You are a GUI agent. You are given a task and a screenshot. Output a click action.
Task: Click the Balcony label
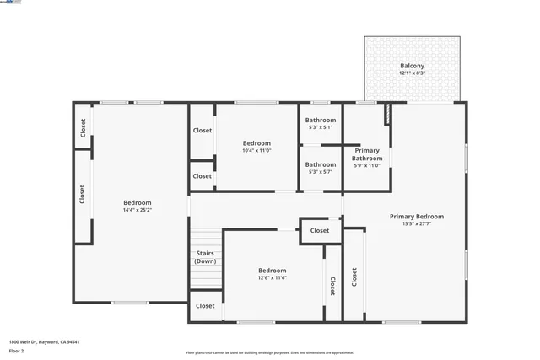point(412,66)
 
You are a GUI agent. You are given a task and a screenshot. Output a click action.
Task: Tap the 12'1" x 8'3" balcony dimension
point(412,73)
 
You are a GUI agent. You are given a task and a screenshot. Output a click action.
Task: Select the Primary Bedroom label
point(416,217)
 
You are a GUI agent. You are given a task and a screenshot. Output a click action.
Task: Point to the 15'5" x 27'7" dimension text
point(416,224)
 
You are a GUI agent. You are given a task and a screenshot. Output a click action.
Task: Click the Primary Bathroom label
point(367,154)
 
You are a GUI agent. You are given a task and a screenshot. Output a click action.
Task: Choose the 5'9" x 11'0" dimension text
point(367,165)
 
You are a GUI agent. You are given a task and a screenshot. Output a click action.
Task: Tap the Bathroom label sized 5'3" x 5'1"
point(321,120)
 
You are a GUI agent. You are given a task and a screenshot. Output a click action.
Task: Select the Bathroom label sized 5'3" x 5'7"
point(321,164)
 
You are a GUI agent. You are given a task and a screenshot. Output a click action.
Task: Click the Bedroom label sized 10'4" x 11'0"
point(256,142)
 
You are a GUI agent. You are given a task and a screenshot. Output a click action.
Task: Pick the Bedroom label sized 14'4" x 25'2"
point(138,202)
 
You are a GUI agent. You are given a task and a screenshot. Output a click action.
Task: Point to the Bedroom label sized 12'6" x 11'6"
point(272,271)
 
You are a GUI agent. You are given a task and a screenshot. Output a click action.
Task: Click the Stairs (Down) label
point(205,257)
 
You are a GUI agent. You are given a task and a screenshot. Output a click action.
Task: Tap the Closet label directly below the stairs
point(205,306)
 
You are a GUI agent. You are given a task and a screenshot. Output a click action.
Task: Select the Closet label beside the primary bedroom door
point(320,230)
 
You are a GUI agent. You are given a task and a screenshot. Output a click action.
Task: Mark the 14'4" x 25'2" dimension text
point(138,210)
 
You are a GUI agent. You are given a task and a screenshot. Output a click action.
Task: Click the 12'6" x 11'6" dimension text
point(272,278)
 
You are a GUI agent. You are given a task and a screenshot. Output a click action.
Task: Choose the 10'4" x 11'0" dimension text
point(256,150)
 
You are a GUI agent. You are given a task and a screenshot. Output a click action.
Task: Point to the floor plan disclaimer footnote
point(270,353)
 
